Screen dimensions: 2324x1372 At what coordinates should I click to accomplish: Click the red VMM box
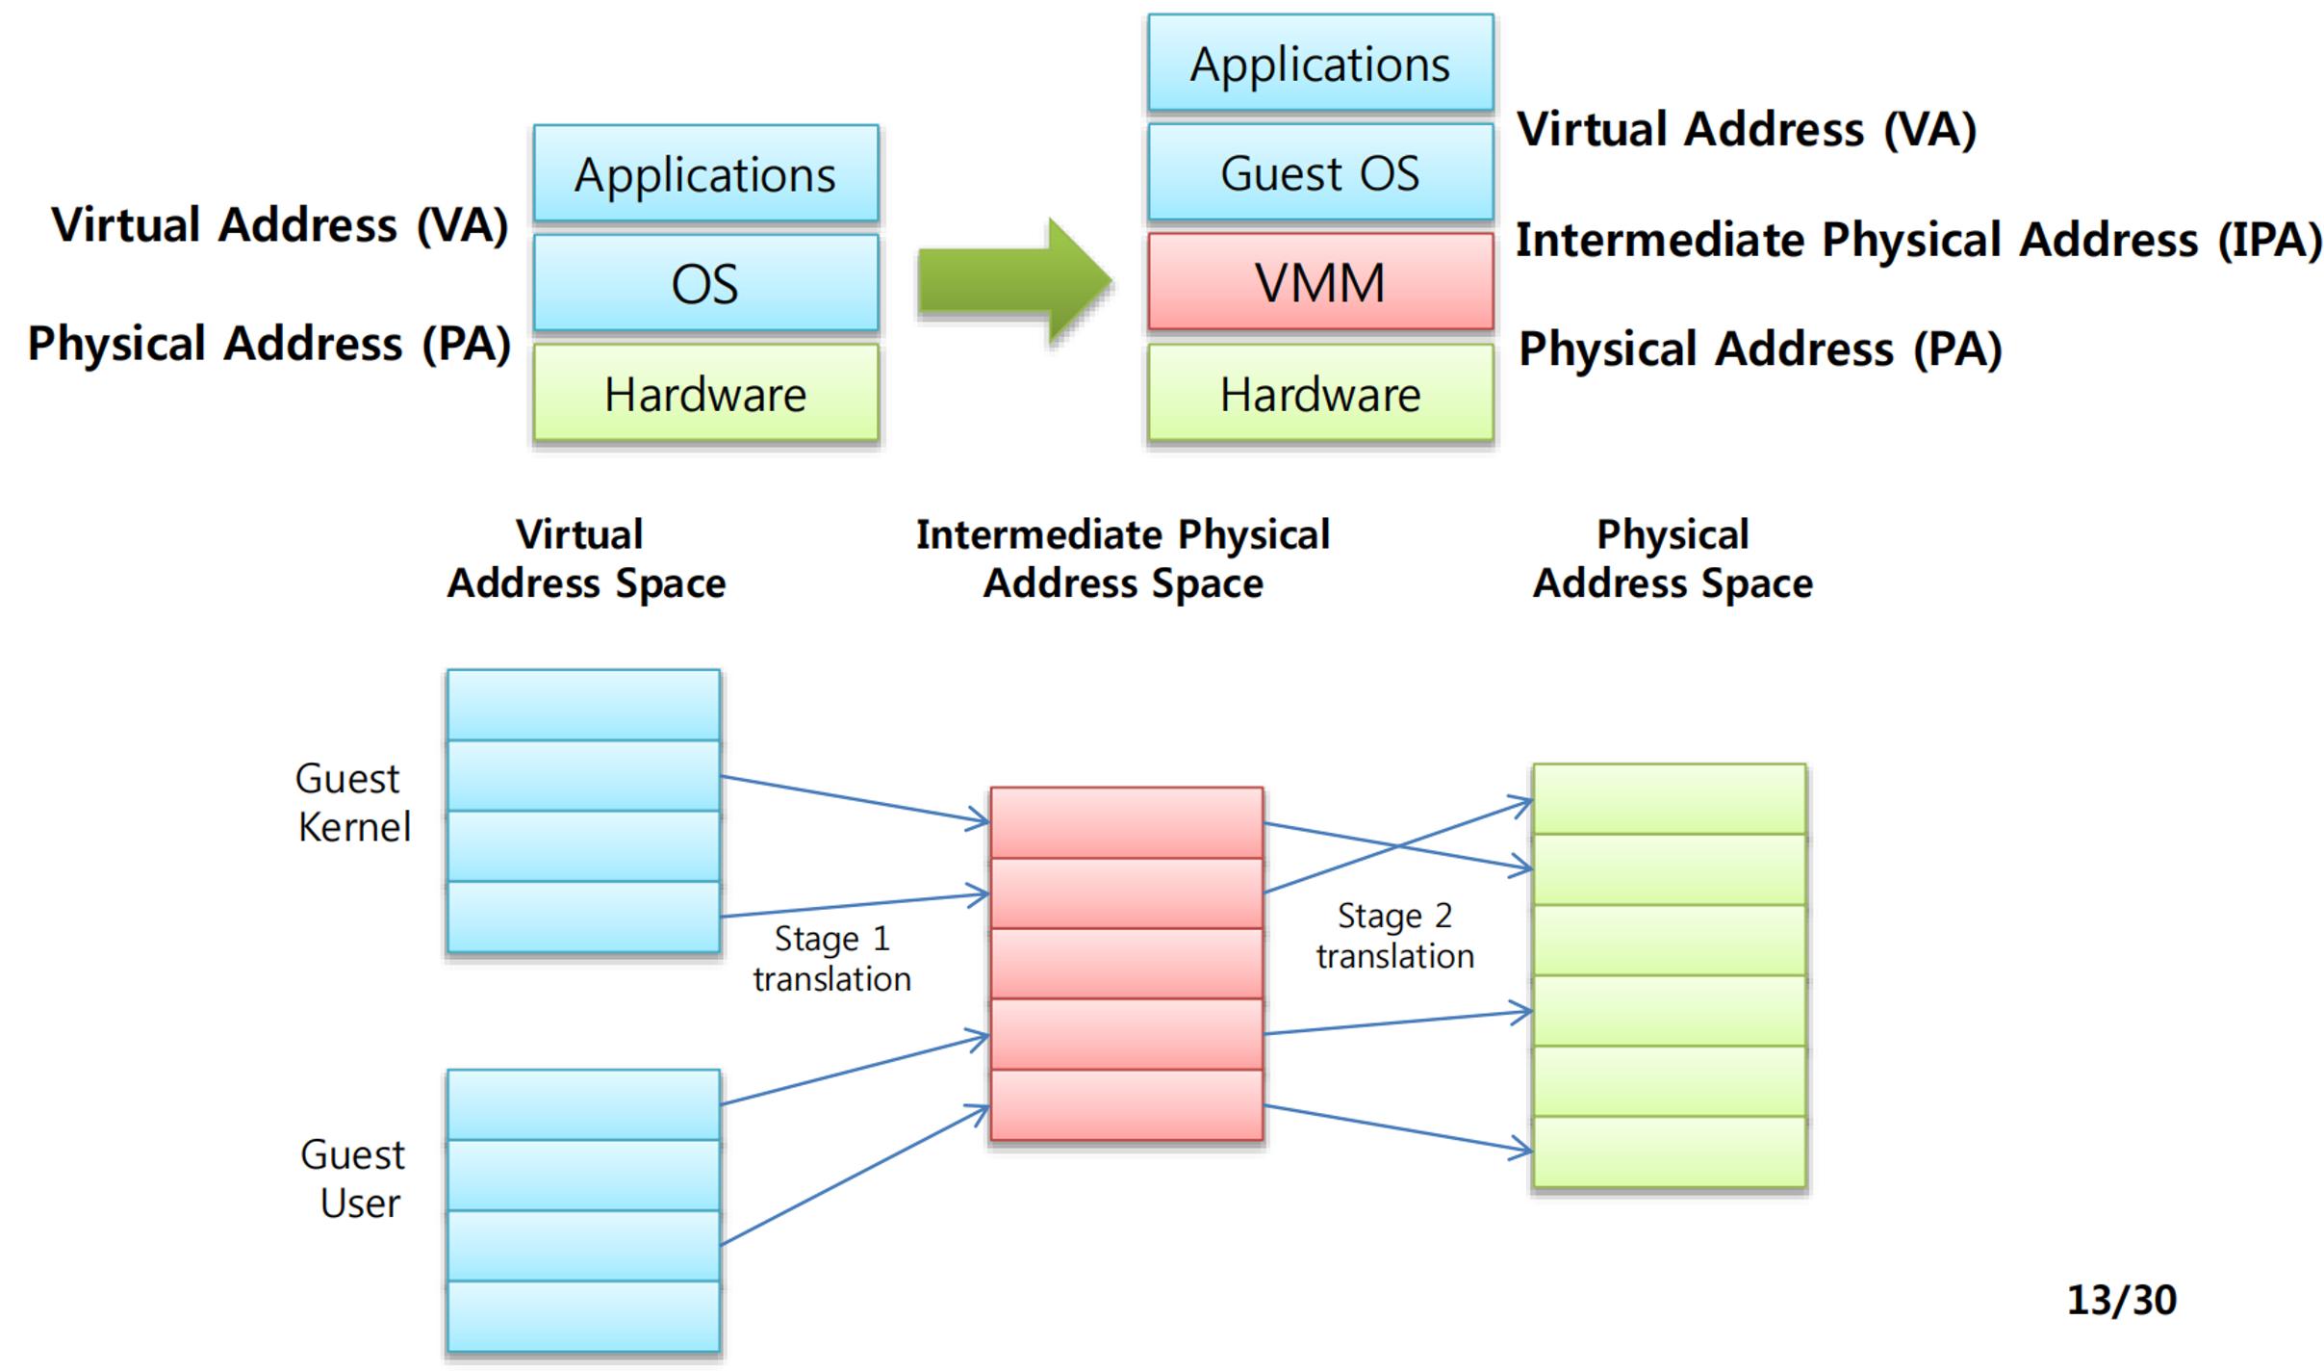pyautogui.click(x=1320, y=282)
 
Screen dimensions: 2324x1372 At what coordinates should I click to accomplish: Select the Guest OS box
pyautogui.click(x=1320, y=172)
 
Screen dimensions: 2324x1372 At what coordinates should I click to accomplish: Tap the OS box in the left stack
pyautogui.click(x=705, y=283)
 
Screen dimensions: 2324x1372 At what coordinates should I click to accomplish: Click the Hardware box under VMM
pyautogui.click(x=1320, y=393)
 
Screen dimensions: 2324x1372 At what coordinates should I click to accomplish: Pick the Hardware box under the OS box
pyautogui.click(x=705, y=393)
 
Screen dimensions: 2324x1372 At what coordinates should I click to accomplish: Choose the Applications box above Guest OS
pyautogui.click(x=1320, y=63)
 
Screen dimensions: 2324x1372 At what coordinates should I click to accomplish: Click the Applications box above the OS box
pyautogui.click(x=705, y=173)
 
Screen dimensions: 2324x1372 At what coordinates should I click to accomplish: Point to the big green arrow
pyautogui.click(x=1015, y=281)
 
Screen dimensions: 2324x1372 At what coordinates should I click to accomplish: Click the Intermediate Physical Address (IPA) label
pyautogui.click(x=1919, y=240)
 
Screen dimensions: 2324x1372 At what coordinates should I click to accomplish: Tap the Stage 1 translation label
pyautogui.click(x=831, y=958)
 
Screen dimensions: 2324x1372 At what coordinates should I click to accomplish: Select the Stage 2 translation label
pyautogui.click(x=1395, y=935)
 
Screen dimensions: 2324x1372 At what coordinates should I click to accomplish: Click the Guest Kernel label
pyautogui.click(x=353, y=802)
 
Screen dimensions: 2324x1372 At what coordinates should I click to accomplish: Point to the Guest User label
pyautogui.click(x=353, y=1178)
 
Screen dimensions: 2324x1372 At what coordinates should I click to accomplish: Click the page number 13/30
pyautogui.click(x=2122, y=1300)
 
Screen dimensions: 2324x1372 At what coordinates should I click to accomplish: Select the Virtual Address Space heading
pyautogui.click(x=585, y=558)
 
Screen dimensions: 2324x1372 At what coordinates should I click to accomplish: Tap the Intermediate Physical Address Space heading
pyautogui.click(x=1123, y=558)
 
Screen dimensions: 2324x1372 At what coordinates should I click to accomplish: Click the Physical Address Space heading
pyautogui.click(x=1673, y=558)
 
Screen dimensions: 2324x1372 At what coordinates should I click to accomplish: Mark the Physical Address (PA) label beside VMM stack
pyautogui.click(x=1760, y=349)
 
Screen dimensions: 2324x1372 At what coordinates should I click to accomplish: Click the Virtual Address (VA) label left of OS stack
pyautogui.click(x=280, y=225)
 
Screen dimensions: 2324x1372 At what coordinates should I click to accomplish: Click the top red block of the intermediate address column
pyautogui.click(x=1127, y=822)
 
